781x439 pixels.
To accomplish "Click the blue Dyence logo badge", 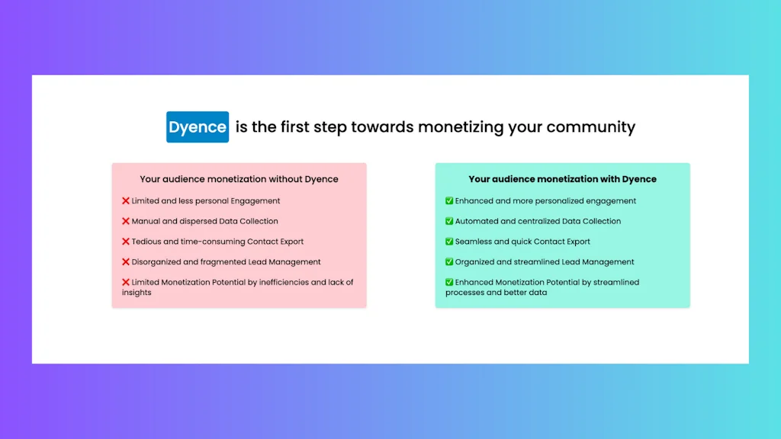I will coord(198,127).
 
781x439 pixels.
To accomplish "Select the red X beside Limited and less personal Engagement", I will coord(126,201).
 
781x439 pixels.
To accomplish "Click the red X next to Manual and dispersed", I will coord(126,221).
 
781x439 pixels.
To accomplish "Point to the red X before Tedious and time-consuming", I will coord(126,242).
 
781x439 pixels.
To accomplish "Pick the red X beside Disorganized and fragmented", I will coord(126,262).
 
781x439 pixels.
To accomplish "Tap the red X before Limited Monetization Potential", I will coord(126,283).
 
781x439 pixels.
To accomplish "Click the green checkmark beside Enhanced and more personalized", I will coord(449,201).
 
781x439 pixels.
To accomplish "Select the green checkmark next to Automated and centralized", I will coord(449,221).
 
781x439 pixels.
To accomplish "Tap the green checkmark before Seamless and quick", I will coord(449,242).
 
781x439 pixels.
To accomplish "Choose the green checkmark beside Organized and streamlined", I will coord(449,262).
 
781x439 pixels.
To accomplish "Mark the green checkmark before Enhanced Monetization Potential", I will coord(449,283).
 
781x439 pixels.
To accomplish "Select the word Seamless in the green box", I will coord(474,242).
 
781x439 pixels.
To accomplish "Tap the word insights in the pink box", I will coord(137,293).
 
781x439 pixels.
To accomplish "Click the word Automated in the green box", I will coord(476,221).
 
